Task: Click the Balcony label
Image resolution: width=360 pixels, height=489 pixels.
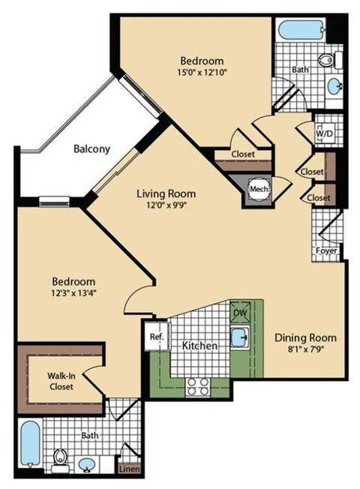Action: (91, 148)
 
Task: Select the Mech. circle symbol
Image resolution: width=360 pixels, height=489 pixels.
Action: (259, 189)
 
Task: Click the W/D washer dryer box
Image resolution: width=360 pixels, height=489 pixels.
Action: (326, 133)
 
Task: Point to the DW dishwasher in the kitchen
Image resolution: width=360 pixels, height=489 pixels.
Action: (240, 311)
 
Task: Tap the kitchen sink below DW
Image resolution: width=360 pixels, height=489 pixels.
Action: (241, 337)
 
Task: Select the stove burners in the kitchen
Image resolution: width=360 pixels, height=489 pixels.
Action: (197, 385)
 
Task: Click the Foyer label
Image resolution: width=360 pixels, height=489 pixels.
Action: (325, 251)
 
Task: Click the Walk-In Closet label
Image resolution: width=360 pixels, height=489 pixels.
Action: (50, 381)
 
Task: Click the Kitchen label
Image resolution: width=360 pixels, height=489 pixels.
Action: (199, 346)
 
